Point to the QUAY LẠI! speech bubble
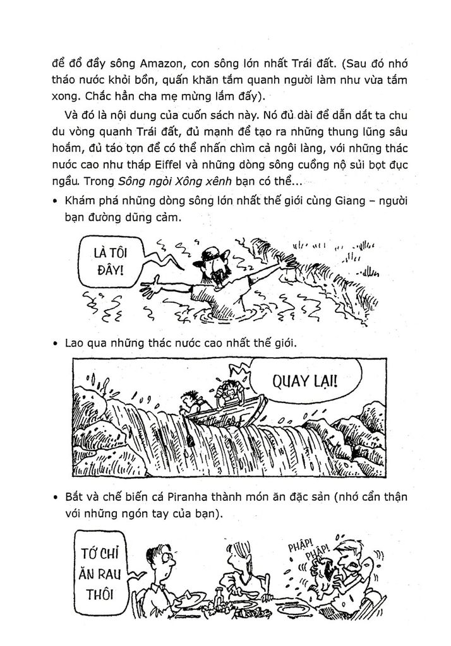pyautogui.click(x=303, y=381)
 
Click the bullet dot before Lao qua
pyautogui.click(x=56, y=344)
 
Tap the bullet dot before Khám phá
pyautogui.click(x=56, y=202)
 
